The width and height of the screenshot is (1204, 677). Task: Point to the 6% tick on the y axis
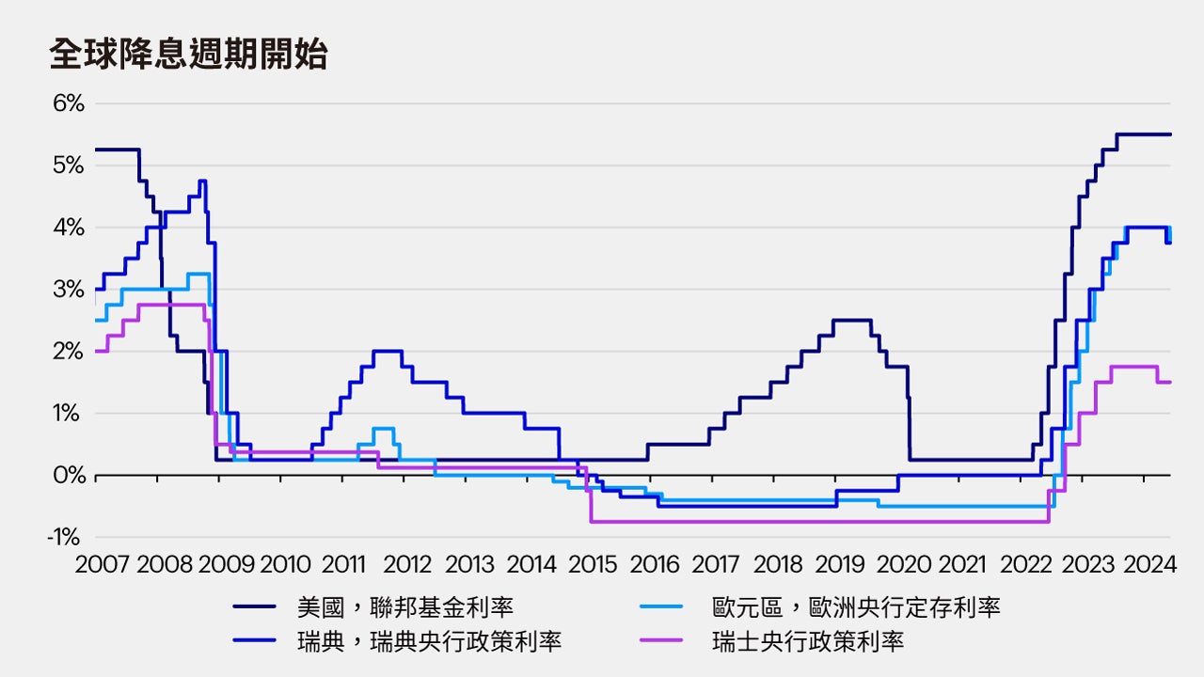[x=68, y=103]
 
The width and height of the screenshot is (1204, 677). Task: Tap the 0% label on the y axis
[x=68, y=476]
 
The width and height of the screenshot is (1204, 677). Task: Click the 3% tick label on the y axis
[x=68, y=290]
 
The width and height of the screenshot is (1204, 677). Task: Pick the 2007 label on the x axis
[x=103, y=565]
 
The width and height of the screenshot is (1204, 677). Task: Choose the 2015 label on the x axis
[x=594, y=565]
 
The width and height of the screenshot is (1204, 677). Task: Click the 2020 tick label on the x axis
[x=902, y=565]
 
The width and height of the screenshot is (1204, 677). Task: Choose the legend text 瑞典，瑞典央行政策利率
[x=429, y=642]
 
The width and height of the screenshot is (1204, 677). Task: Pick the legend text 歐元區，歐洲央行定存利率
[x=856, y=607]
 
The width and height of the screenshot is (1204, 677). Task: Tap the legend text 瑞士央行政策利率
[x=807, y=642]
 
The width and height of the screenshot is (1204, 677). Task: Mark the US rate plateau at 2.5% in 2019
[x=851, y=321]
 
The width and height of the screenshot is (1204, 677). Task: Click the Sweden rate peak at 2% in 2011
[x=388, y=351]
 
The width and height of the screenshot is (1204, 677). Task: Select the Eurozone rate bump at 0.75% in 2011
[x=383, y=429]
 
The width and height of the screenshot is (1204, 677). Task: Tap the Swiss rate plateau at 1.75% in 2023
[x=1134, y=367]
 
